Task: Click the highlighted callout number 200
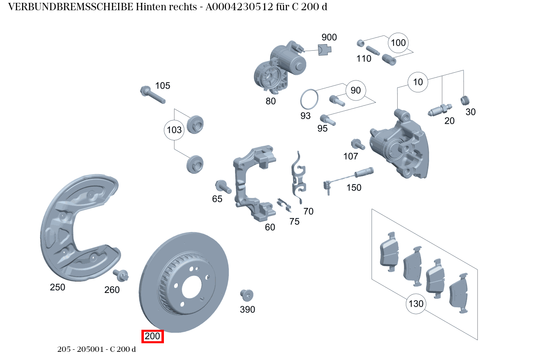pos(152,337)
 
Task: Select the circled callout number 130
pos(416,304)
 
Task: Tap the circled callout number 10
pos(418,82)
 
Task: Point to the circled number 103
pos(174,130)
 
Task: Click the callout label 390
pos(247,310)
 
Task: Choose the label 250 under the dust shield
pos(57,287)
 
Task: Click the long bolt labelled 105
pos(152,94)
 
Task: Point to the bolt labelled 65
pos(223,186)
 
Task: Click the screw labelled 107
pos(357,144)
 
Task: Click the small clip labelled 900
pos(325,49)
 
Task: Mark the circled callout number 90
pos(356,90)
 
